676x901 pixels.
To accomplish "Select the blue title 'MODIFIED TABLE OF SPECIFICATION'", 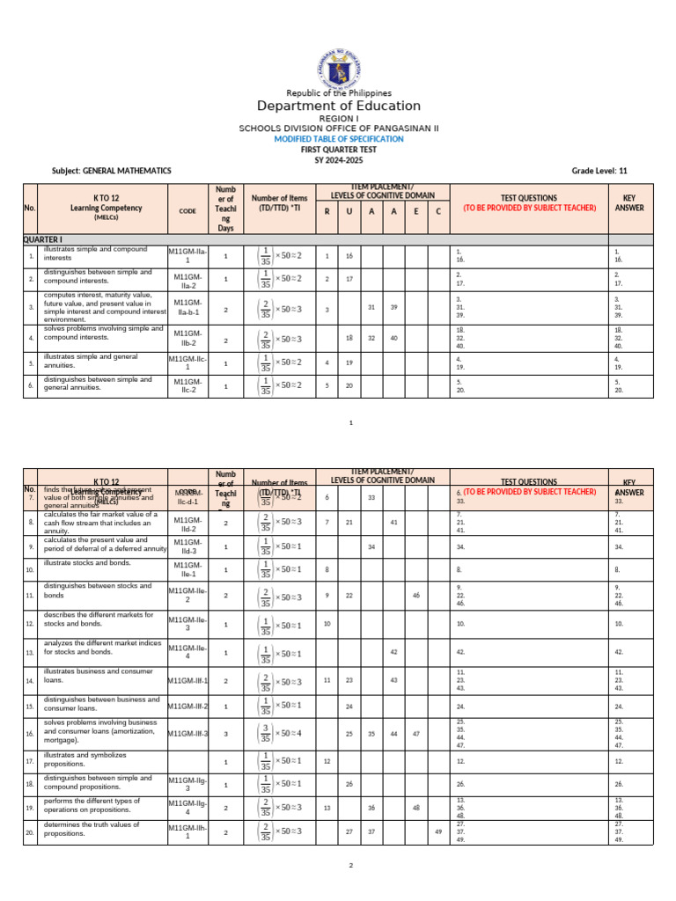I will [x=338, y=139].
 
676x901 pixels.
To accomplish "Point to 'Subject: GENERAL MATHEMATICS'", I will [x=112, y=171].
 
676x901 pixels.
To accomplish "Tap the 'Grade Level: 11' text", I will [x=599, y=171].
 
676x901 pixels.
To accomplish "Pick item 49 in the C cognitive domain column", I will [x=437, y=831].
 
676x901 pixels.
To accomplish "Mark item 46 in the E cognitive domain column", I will [x=415, y=596].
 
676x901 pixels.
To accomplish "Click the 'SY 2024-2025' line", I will [x=338, y=159].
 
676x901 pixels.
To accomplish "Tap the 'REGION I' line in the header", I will [x=338, y=118].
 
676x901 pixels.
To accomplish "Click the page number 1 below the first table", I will [x=350, y=423].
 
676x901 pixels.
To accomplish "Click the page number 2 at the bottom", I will [x=350, y=866].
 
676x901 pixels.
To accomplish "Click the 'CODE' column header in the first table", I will [x=187, y=211].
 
